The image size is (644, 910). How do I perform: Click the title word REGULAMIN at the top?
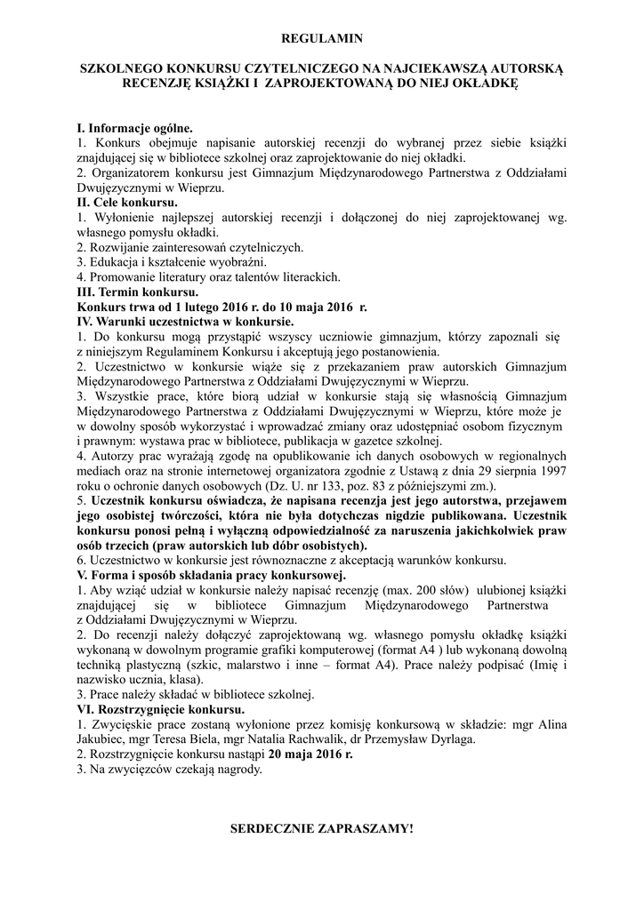pos(322,38)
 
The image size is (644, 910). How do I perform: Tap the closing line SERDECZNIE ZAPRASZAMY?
pos(322,828)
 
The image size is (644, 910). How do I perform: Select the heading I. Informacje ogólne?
pos(134,128)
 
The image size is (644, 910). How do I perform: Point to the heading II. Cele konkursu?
pos(127,203)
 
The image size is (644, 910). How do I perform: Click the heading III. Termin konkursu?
pos(138,291)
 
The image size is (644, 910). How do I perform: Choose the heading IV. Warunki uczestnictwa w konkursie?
pos(186,320)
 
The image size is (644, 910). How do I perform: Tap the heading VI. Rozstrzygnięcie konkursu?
pos(161,710)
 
